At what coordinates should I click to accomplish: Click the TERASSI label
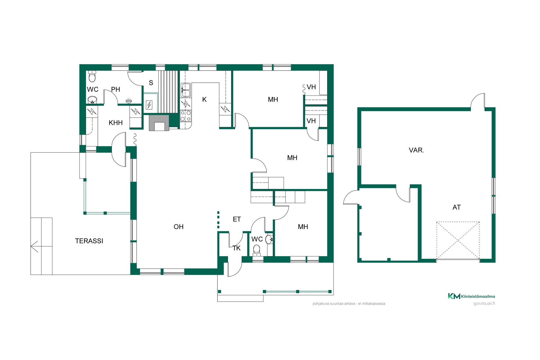(x=89, y=241)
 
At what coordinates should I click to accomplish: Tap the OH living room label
(x=179, y=227)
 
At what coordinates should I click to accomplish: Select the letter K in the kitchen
(x=204, y=99)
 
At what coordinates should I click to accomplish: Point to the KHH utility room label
(x=116, y=123)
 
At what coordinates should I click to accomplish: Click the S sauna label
(x=151, y=83)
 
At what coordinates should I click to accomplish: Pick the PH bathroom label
(x=116, y=89)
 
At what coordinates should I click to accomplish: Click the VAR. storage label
(x=417, y=150)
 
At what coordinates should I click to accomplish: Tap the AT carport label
(x=456, y=207)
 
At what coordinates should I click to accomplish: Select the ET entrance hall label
(x=237, y=219)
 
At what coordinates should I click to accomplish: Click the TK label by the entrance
(x=237, y=248)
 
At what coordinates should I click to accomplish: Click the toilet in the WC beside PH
(x=92, y=76)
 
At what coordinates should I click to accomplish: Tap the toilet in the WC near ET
(x=256, y=250)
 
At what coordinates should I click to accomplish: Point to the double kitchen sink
(x=186, y=90)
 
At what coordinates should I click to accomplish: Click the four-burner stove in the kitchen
(x=186, y=116)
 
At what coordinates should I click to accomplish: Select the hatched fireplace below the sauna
(x=159, y=123)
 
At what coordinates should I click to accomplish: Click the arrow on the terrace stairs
(x=34, y=246)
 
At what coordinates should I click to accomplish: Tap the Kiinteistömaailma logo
(x=471, y=296)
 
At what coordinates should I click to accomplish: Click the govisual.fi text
(x=484, y=303)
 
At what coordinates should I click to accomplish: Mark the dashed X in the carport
(x=458, y=240)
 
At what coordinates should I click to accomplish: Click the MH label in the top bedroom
(x=273, y=100)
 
